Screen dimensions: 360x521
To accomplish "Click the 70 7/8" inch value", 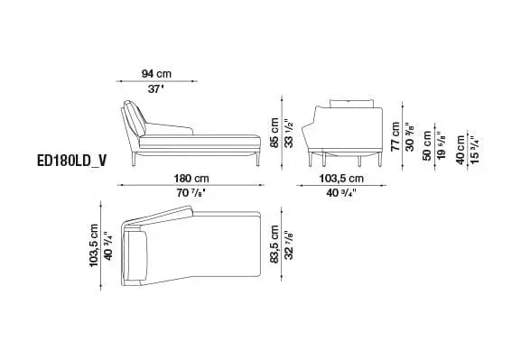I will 191,193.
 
